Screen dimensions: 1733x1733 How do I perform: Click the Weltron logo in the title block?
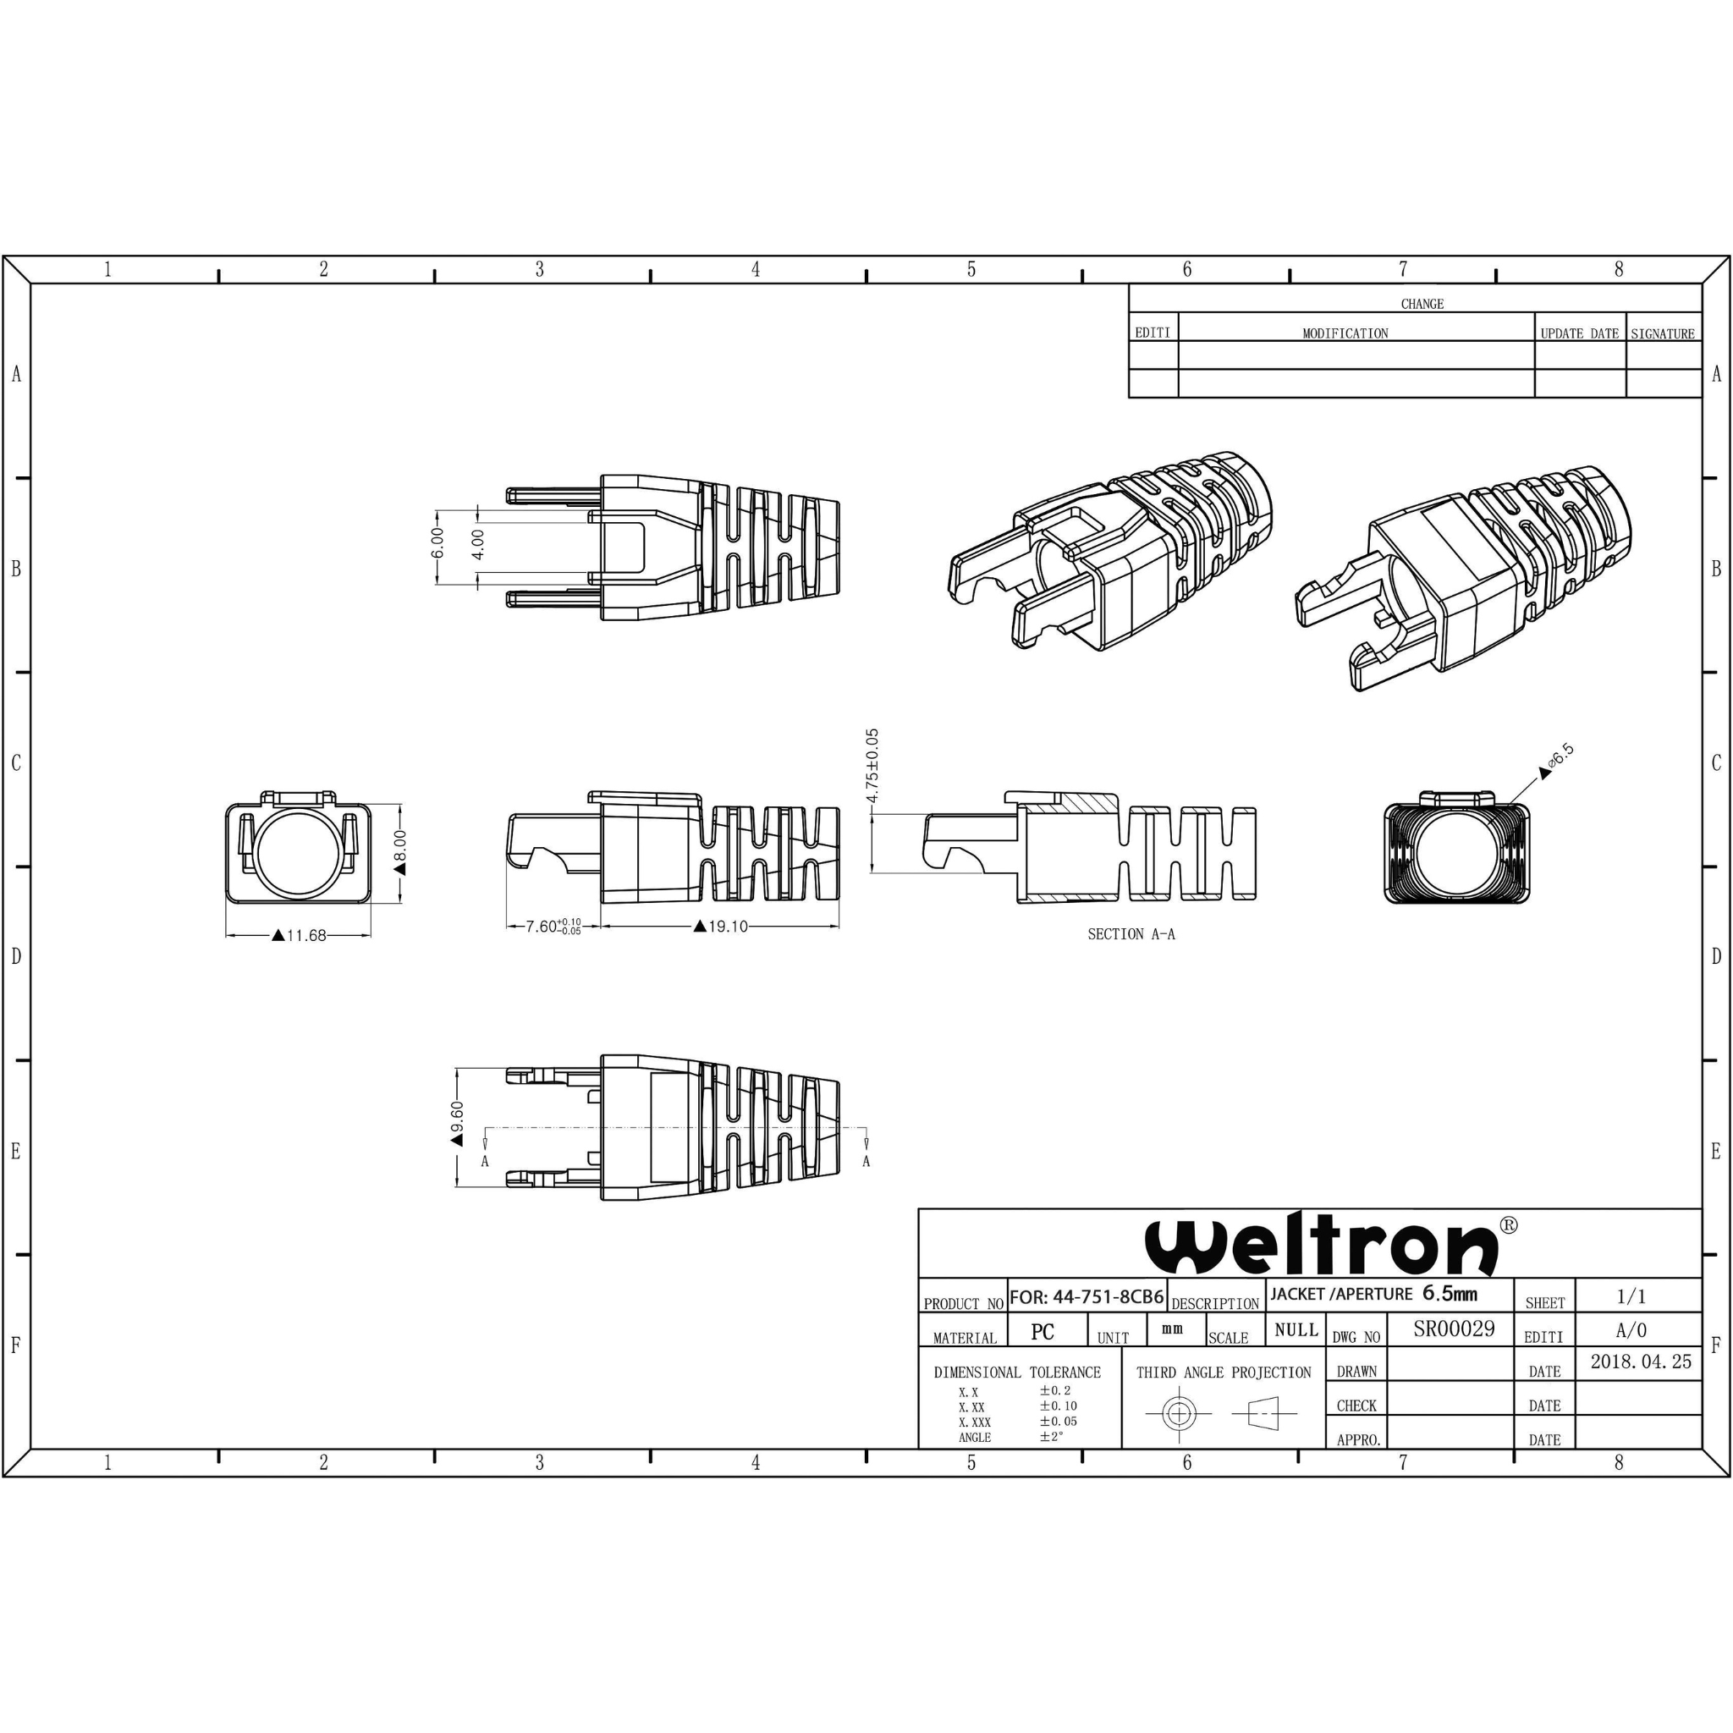tap(1323, 1246)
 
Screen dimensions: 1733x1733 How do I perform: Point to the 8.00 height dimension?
tap(400, 846)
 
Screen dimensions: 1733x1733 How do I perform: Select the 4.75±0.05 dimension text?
tap(872, 764)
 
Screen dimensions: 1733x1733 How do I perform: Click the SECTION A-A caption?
tap(1131, 935)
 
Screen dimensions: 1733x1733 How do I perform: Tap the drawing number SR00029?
tap(1454, 1329)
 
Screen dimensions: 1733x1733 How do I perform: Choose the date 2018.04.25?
tap(1641, 1362)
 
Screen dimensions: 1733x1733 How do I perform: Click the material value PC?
tap(1043, 1332)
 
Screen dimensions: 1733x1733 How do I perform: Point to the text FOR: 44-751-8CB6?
tap(1087, 1297)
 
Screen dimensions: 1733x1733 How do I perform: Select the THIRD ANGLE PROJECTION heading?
tap(1224, 1373)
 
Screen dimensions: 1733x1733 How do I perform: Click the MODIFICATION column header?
tap(1345, 333)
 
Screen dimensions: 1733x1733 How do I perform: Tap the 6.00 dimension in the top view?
tap(437, 542)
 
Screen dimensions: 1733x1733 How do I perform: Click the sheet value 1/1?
tap(1631, 1297)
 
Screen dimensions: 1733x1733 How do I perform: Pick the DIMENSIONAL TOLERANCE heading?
tap(1017, 1373)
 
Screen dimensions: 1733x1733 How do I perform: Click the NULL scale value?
tap(1296, 1330)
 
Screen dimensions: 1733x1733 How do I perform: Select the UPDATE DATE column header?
tap(1580, 333)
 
